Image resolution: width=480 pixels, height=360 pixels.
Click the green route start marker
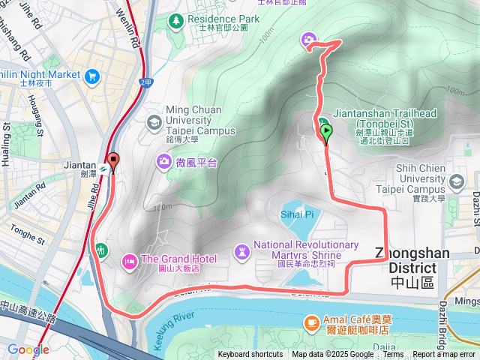pos(327,133)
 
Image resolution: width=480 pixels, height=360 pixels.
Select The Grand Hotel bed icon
pos(127,259)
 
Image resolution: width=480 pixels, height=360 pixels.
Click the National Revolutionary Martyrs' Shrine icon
pos(241,250)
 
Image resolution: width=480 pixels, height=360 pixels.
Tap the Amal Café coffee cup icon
pos(310,322)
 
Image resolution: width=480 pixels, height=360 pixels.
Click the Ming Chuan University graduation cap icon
pos(154,121)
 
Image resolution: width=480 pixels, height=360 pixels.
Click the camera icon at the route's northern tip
pos(309,40)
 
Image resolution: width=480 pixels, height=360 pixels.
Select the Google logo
pos(28,349)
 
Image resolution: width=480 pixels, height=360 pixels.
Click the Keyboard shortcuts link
pos(250,355)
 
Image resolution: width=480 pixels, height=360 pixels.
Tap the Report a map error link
pos(445,355)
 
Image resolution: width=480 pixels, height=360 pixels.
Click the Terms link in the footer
pos(393,355)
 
